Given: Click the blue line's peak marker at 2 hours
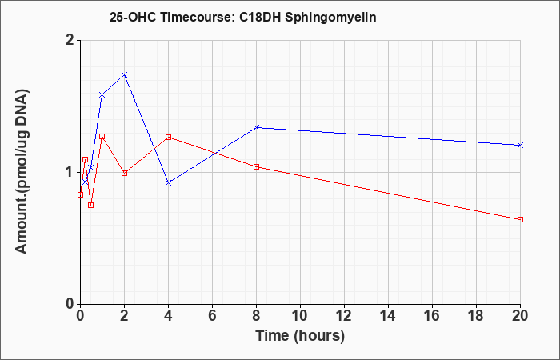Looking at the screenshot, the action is click(124, 74).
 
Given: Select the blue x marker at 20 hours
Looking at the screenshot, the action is click(520, 145).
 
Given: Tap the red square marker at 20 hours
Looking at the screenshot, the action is click(520, 219).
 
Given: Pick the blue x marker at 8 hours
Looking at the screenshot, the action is click(256, 127).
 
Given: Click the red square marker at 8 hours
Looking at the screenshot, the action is click(256, 166).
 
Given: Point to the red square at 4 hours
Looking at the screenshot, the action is click(169, 137).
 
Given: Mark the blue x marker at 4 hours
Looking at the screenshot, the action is click(169, 183).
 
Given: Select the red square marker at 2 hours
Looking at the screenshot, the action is click(124, 173).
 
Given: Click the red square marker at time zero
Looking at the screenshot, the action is click(80, 194).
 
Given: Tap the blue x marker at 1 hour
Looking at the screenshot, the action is click(102, 95).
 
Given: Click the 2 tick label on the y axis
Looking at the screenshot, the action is click(70, 40).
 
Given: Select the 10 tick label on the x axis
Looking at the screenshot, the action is click(300, 316).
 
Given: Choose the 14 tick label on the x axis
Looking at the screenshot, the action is click(388, 316).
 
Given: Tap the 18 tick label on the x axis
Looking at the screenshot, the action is click(476, 316).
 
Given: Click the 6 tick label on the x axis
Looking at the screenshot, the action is click(212, 316).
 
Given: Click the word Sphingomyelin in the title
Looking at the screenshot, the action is click(330, 17).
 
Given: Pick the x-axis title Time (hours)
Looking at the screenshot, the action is click(300, 336).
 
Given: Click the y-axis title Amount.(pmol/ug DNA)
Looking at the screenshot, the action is click(22, 172).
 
